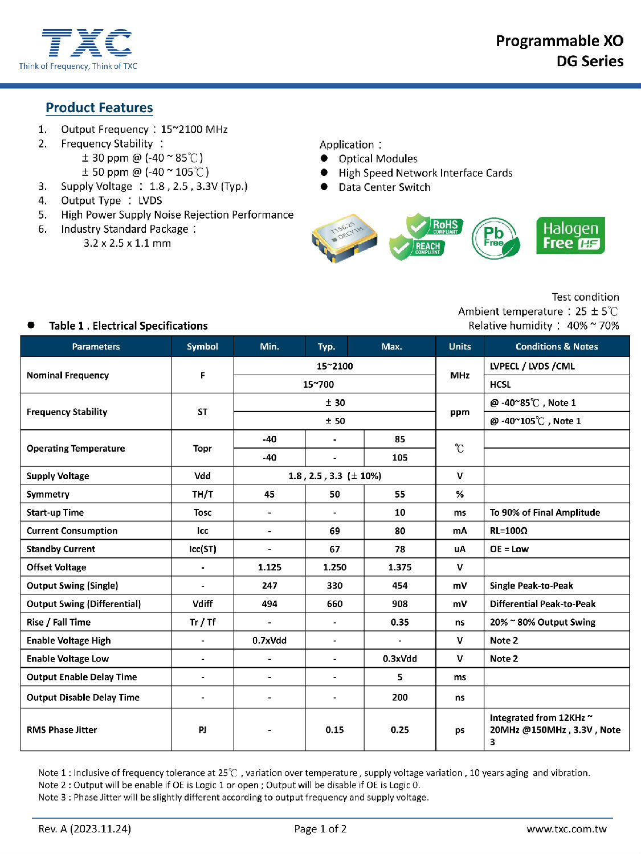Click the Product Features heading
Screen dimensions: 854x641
point(99,108)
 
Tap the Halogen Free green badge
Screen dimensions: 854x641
point(570,235)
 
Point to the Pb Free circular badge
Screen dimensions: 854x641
point(496,237)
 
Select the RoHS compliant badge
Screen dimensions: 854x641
point(436,226)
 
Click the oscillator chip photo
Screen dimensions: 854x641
point(344,238)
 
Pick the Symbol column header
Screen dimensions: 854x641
point(202,346)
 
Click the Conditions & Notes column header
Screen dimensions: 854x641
point(556,346)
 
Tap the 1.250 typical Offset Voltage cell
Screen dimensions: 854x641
point(334,567)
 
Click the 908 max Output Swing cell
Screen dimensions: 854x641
point(399,603)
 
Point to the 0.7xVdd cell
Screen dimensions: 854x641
point(270,640)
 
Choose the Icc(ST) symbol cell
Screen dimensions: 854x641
point(202,549)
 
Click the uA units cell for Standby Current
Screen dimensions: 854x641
point(459,549)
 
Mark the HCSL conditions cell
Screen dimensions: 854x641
point(500,384)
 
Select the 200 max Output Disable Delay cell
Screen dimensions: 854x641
point(399,697)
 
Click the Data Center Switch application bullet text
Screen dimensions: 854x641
point(384,187)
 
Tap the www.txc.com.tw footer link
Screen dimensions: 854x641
point(566,829)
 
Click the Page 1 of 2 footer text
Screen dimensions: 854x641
point(320,829)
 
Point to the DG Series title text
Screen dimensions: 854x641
point(590,61)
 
